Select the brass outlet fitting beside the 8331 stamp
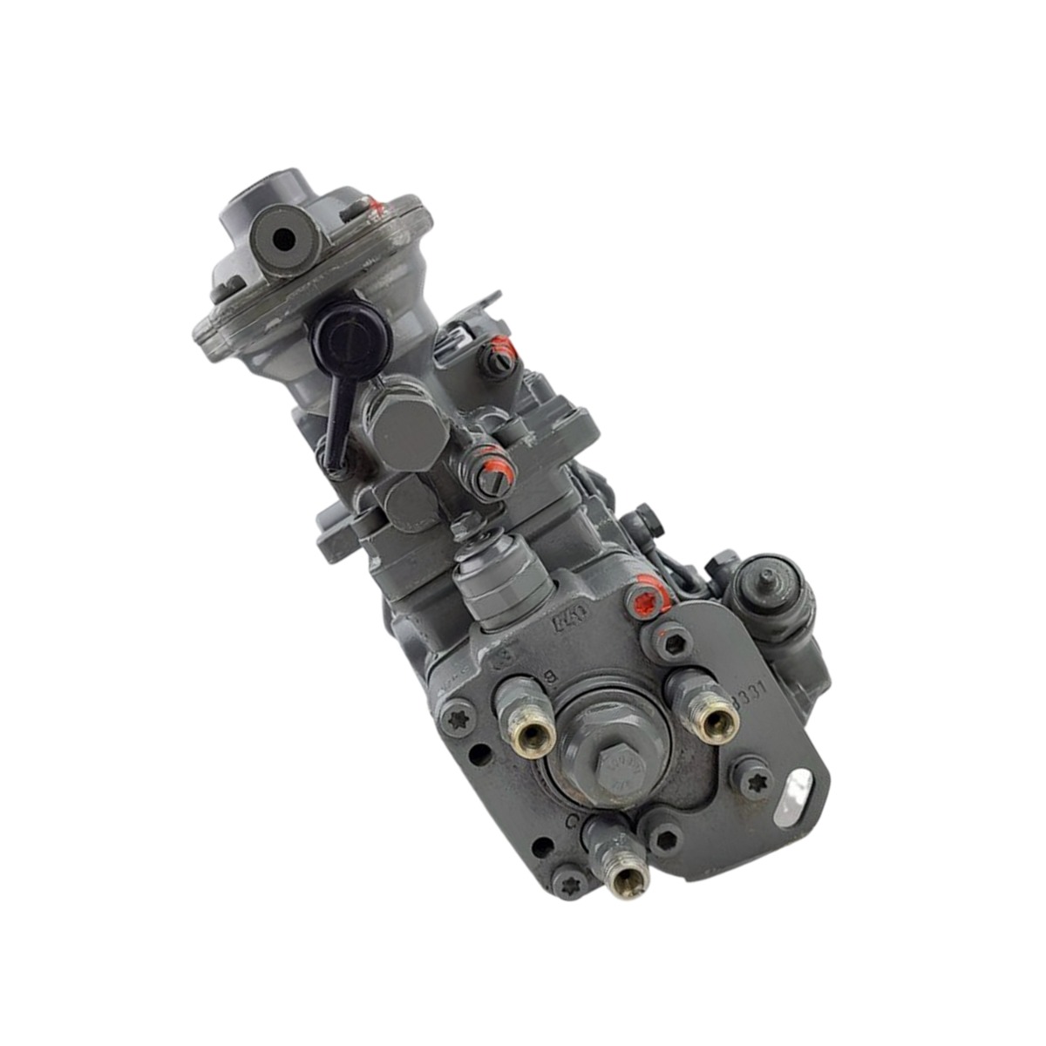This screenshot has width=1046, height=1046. [x=717, y=716]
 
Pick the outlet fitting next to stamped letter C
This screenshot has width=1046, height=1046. [x=624, y=877]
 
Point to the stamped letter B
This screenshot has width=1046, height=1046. [x=550, y=676]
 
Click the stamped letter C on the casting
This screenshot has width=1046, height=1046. [x=573, y=821]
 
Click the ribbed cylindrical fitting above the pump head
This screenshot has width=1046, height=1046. [x=501, y=582]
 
